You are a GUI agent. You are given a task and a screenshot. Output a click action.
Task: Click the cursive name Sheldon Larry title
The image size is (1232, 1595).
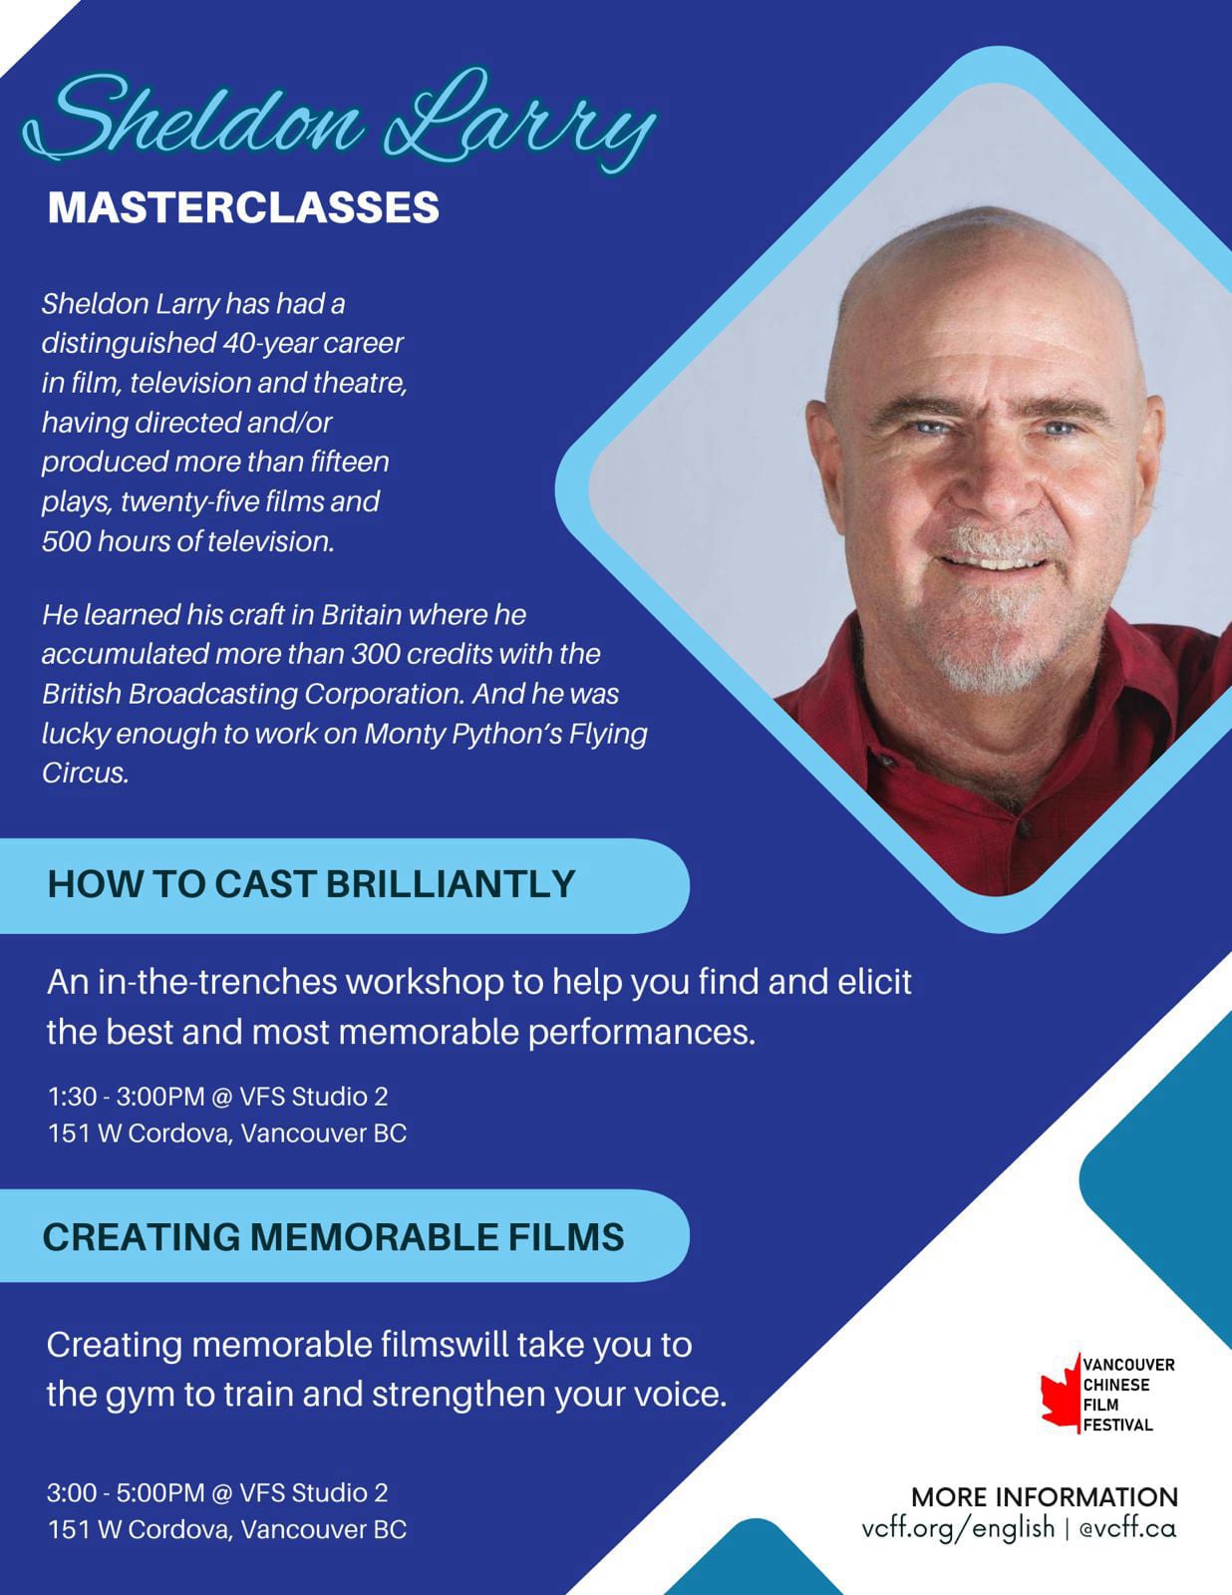339,120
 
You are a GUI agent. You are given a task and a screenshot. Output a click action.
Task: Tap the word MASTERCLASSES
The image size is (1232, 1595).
243,207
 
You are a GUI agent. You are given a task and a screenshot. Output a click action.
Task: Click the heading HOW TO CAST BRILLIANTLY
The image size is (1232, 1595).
311,884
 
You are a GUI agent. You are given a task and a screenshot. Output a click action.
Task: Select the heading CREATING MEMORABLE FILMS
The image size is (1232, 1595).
333,1237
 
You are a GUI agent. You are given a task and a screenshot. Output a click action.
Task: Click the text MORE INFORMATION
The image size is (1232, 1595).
1045,1497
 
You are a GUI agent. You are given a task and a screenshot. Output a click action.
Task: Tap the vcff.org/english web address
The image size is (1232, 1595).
958,1529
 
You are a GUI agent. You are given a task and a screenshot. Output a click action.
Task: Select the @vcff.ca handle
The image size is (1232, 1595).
1127,1529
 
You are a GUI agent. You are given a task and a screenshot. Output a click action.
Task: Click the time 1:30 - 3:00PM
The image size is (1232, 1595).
127,1097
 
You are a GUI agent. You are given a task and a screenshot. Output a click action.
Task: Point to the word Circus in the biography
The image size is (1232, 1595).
85,773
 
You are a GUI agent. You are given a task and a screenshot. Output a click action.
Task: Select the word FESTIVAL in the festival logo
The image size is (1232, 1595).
1118,1426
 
